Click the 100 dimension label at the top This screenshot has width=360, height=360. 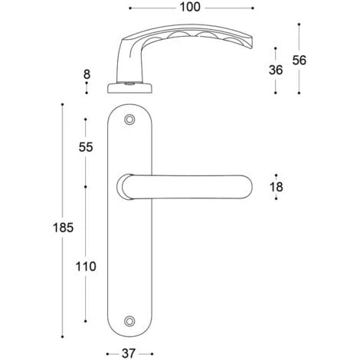(190, 8)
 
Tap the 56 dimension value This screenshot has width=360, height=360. (299, 61)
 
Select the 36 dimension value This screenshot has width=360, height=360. (276, 70)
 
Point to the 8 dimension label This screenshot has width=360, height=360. (87, 74)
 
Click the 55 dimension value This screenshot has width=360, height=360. (86, 147)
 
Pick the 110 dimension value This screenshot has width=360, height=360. (86, 267)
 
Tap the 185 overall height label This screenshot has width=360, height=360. (63, 227)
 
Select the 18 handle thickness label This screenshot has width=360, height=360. (277, 187)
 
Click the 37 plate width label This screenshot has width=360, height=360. (128, 354)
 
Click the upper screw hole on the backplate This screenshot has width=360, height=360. (129, 119)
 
